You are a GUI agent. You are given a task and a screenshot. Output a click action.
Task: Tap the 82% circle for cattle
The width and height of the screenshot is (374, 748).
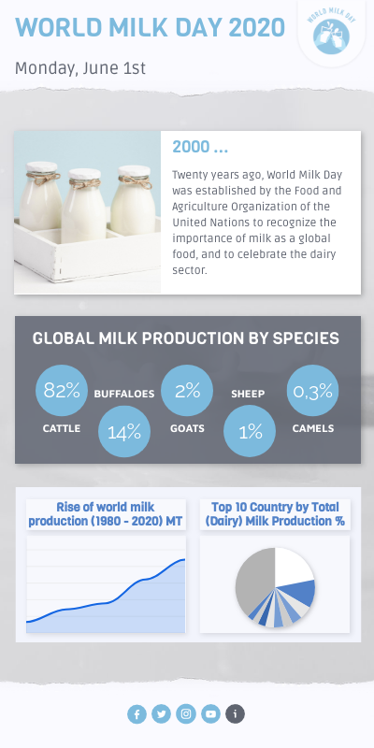click(62, 391)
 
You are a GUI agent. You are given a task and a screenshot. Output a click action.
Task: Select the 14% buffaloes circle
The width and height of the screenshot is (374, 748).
click(124, 432)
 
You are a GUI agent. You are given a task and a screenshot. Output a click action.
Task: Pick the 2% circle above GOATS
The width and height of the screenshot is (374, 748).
click(187, 391)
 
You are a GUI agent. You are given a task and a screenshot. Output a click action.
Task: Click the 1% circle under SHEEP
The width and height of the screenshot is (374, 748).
click(250, 432)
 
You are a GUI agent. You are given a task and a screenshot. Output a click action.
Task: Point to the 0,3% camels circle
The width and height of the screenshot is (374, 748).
click(312, 391)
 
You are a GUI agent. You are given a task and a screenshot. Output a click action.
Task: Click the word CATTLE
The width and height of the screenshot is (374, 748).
click(62, 428)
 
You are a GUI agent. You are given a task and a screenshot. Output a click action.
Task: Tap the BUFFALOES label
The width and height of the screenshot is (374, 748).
click(124, 395)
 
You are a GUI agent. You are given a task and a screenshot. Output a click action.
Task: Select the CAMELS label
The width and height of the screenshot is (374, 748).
click(312, 428)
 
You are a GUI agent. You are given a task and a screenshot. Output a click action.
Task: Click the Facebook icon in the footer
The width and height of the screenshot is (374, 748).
click(137, 714)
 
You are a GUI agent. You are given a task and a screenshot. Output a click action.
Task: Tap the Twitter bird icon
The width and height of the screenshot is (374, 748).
click(162, 714)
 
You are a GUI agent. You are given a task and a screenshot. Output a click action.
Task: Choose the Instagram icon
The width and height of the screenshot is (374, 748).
click(186, 714)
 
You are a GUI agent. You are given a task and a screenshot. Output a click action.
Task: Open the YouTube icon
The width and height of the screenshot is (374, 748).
click(211, 714)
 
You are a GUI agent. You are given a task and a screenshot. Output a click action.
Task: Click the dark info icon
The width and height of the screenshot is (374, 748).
click(236, 714)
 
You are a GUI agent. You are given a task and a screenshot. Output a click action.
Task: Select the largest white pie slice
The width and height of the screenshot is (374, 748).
click(292, 566)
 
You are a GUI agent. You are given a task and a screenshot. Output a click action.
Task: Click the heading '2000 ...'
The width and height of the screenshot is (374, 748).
click(200, 147)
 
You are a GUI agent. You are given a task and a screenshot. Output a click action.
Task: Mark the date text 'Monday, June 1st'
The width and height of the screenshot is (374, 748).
click(80, 68)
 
